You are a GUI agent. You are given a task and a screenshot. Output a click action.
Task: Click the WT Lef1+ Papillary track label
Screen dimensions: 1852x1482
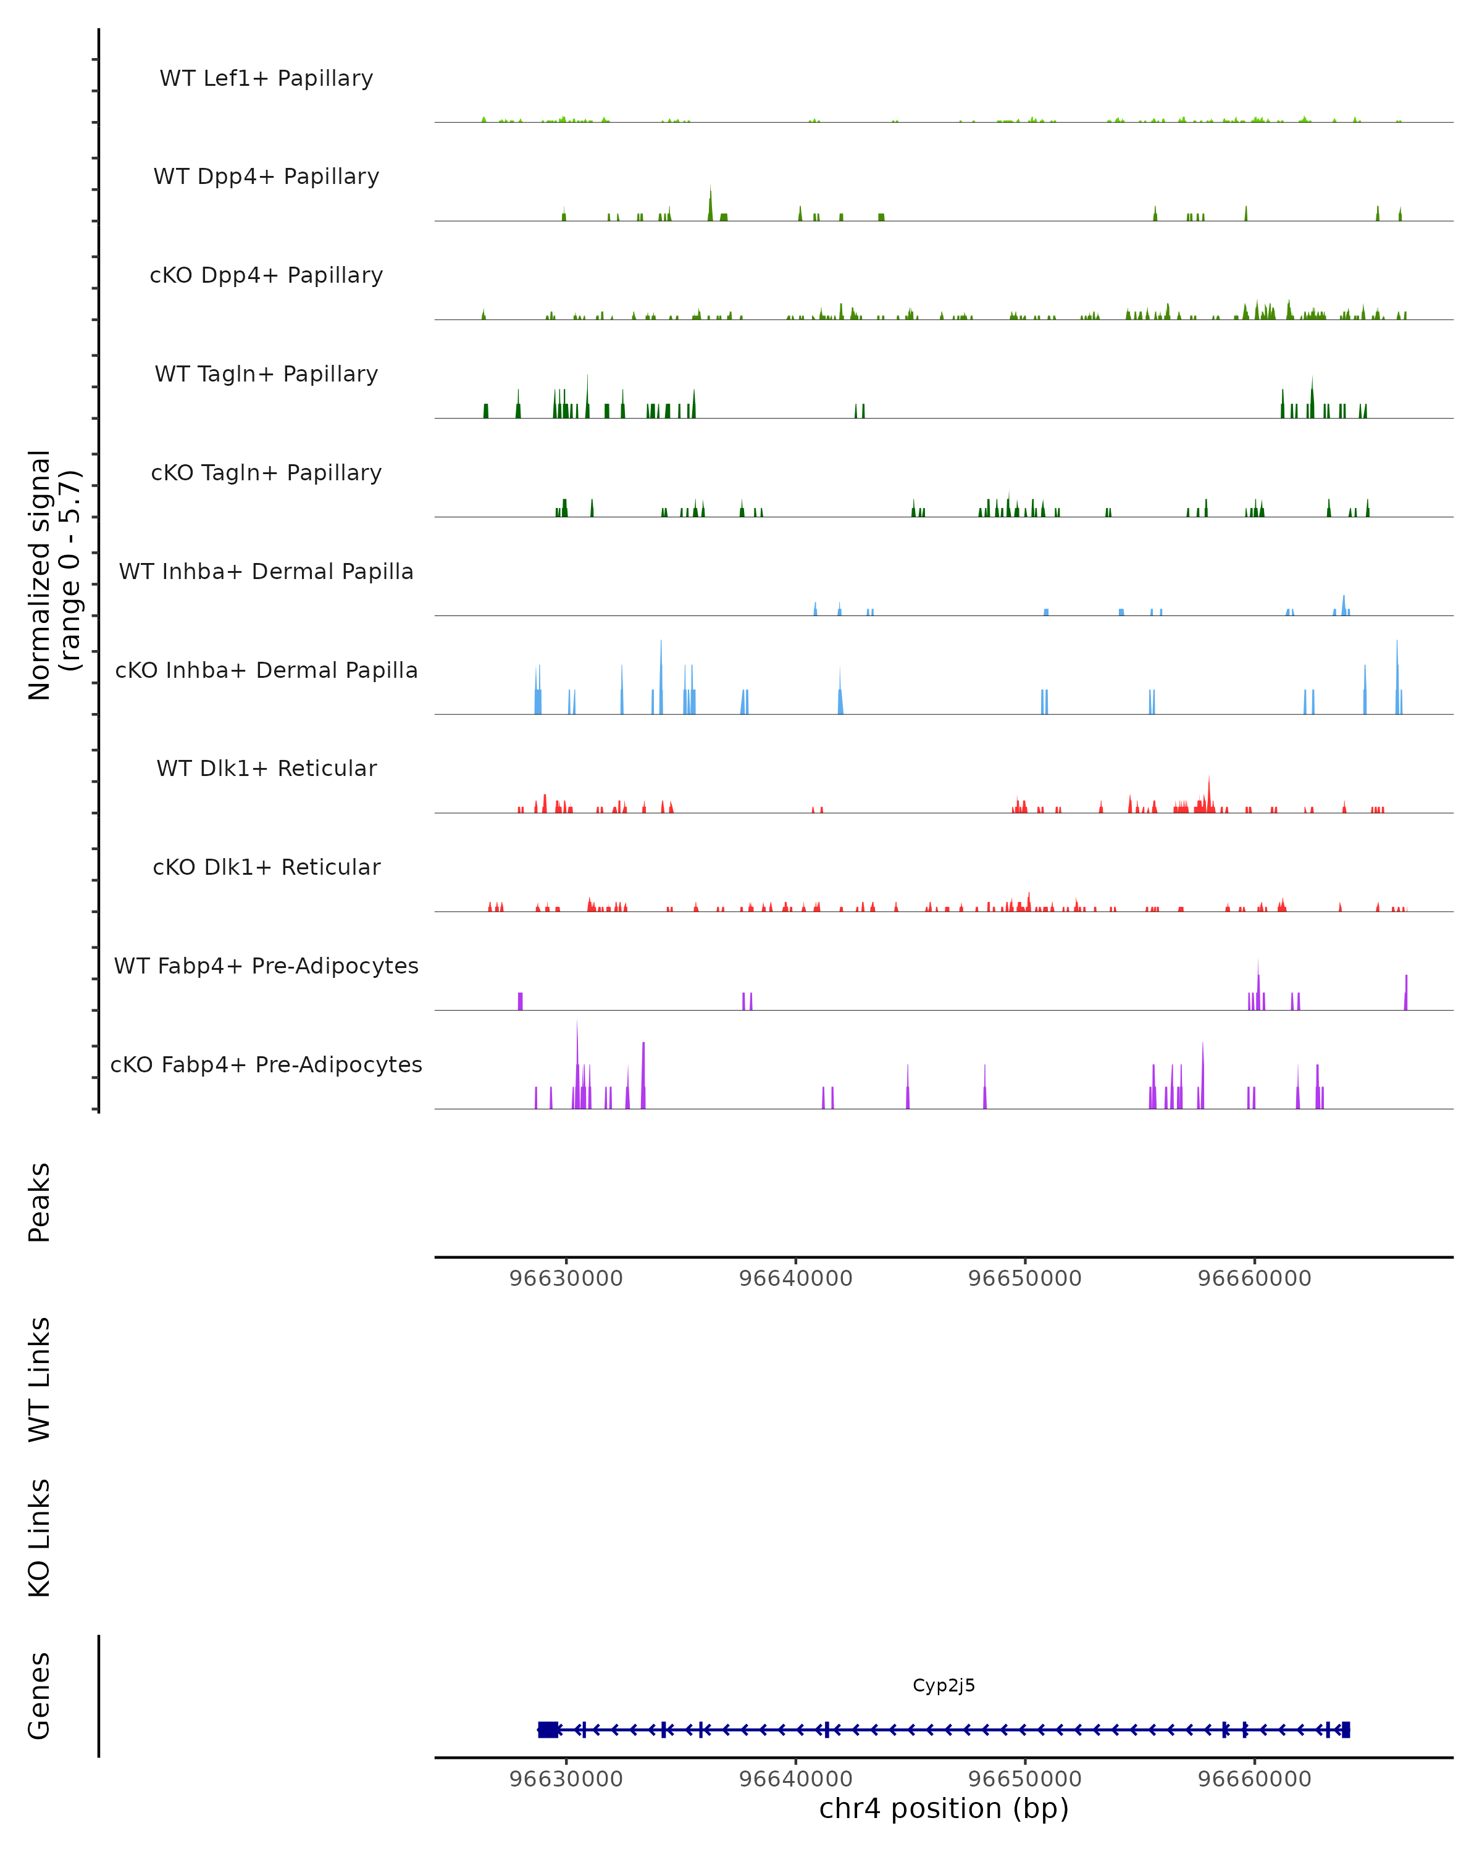(x=266, y=78)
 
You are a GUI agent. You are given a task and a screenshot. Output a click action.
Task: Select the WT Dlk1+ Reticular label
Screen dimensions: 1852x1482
(x=266, y=768)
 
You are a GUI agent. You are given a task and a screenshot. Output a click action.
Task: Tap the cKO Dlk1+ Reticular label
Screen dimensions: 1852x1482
(x=266, y=867)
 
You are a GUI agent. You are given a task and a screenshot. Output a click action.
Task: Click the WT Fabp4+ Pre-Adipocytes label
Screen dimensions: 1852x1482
(x=266, y=966)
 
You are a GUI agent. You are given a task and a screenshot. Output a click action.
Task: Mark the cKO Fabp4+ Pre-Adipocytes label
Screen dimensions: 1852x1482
(x=266, y=1064)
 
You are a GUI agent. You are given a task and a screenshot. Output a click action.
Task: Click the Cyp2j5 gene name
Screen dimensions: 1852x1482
(x=944, y=1685)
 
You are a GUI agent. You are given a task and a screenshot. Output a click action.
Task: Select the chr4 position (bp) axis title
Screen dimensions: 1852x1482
(x=944, y=1808)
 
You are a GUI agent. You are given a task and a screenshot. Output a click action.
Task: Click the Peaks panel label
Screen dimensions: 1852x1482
(x=40, y=1202)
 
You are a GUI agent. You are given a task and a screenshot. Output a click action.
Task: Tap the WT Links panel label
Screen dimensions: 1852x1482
(x=40, y=1379)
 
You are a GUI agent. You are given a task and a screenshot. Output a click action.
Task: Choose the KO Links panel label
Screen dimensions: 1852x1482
(x=40, y=1538)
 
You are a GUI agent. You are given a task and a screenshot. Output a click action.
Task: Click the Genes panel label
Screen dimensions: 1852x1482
(x=40, y=1696)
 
